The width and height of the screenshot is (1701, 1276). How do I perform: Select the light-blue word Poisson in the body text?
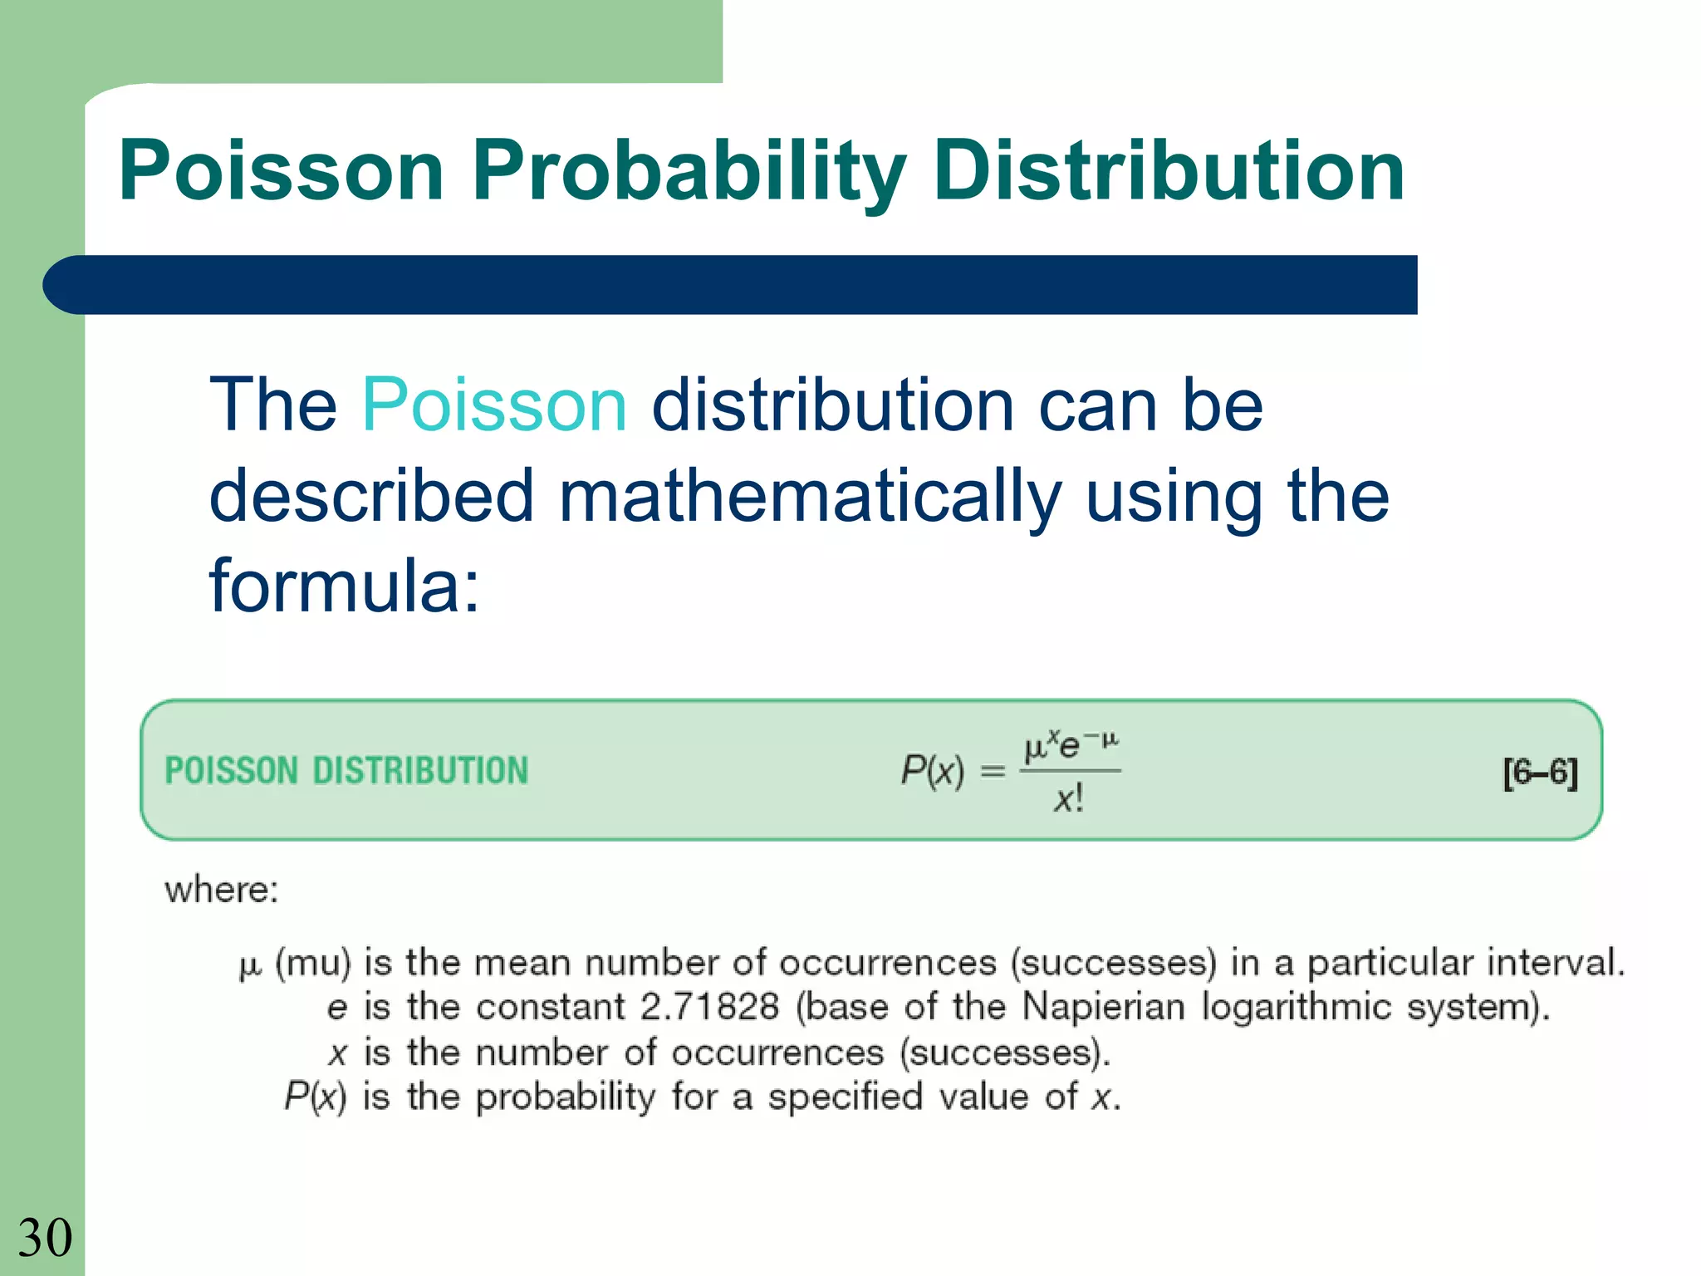[494, 405]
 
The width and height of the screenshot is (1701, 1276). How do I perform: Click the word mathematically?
[810, 496]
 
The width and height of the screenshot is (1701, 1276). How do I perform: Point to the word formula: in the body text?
[344, 586]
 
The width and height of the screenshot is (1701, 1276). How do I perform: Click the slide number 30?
[45, 1238]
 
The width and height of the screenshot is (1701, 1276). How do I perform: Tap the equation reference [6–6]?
[1540, 773]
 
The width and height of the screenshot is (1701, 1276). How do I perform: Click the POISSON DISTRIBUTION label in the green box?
[346, 770]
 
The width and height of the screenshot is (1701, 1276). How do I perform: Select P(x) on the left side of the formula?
[932, 770]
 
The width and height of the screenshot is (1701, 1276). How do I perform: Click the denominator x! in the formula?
[1069, 799]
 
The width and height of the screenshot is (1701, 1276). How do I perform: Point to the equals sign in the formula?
[993, 772]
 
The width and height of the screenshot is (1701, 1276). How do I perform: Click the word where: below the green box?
[221, 890]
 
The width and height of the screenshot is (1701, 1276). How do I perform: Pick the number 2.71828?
[710, 1007]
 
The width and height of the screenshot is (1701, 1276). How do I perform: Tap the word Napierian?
[1103, 1007]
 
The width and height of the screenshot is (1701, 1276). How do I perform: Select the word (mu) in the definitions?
[313, 963]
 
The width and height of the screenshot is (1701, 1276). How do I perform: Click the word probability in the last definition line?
[566, 1097]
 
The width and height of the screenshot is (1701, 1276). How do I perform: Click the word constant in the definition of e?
[550, 1007]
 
